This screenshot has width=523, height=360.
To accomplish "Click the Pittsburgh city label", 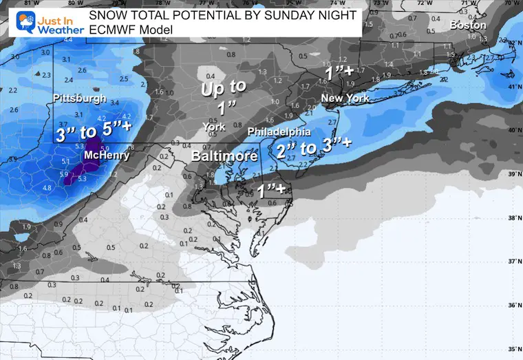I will [80, 98].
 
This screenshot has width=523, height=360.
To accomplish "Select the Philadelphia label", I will [278, 131].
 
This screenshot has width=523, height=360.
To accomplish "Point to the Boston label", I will [467, 25].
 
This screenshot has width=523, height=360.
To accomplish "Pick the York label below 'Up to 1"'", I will [214, 127].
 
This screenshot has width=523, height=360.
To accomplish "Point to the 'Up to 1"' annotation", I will [222, 98].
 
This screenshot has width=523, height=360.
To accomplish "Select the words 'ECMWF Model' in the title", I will [130, 30].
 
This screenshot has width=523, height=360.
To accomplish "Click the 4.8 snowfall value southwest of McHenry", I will [47, 187].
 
